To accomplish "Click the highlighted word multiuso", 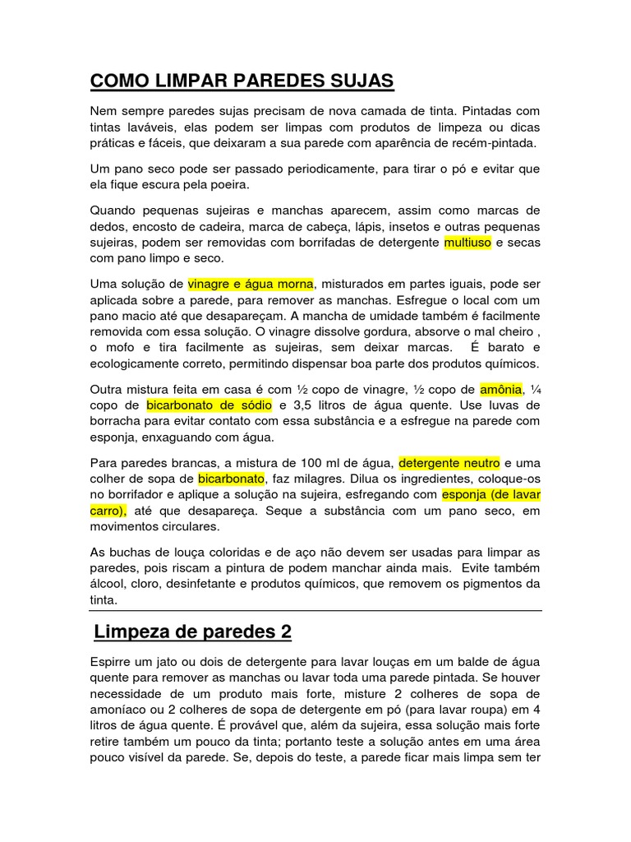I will point(467,243).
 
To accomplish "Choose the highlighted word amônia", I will point(500,389).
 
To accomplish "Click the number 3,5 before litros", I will point(306,405).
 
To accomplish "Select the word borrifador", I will point(134,494).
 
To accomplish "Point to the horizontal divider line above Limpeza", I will point(315,611).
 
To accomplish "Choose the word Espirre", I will point(113,662).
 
